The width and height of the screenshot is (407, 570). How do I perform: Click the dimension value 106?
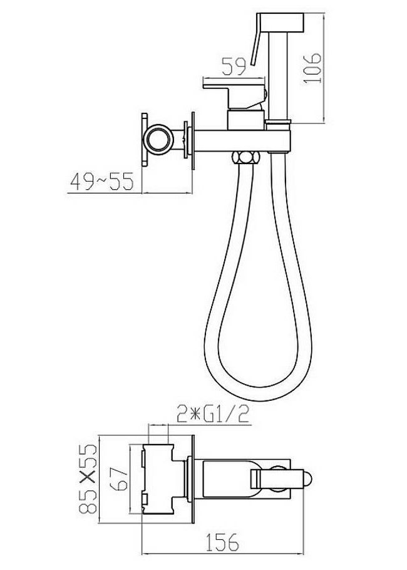pos(312,68)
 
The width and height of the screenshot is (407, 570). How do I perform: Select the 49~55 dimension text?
pos(102,182)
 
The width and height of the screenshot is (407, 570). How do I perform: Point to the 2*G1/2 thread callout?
pos(213,415)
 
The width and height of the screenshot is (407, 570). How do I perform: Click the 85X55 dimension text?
pos(88,479)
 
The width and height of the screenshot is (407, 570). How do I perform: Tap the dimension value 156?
pos(223,542)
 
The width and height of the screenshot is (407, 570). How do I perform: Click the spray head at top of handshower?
pos(280,22)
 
